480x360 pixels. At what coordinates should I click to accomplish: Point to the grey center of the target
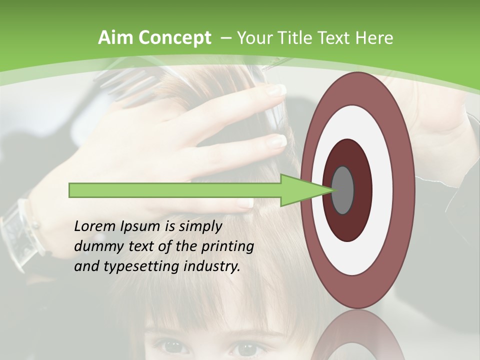coord(342,190)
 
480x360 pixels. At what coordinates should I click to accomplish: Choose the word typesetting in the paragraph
coord(134,267)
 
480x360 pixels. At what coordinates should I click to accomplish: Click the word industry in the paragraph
coord(212,266)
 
